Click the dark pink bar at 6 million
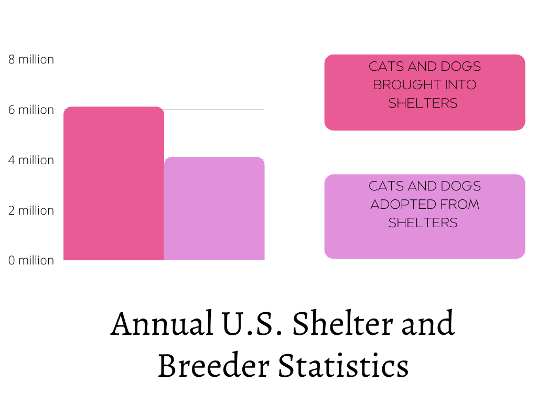coord(113,184)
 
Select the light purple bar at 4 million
coord(214,209)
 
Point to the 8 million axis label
coord(31,59)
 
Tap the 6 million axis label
coord(31,110)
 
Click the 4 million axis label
coord(31,160)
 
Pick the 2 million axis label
coord(31,210)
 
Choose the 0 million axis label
coord(31,260)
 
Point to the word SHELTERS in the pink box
coord(423,103)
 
